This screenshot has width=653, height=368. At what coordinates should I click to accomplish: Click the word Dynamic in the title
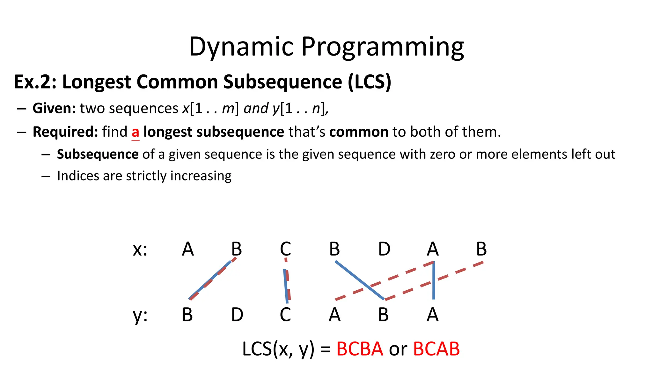[x=241, y=47]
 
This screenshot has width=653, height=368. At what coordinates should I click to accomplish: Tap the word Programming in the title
[x=383, y=47]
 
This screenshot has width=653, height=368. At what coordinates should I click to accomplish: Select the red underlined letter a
[x=136, y=132]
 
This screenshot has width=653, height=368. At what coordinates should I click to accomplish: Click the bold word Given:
[x=54, y=108]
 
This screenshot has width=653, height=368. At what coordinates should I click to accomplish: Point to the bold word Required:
[x=65, y=132]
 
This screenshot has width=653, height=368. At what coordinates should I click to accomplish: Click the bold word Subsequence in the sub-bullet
[x=98, y=154]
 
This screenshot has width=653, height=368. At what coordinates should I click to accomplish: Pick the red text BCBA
[x=360, y=349]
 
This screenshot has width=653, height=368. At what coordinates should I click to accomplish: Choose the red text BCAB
[x=436, y=349]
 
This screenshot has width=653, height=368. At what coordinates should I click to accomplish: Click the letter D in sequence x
[x=384, y=249]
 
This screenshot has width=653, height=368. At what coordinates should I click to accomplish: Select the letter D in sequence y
[x=237, y=315]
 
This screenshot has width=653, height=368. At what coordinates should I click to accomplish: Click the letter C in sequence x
[x=285, y=249]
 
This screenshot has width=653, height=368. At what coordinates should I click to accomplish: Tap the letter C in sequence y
[x=285, y=315]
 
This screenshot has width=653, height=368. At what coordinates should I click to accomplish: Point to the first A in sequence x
[x=188, y=249]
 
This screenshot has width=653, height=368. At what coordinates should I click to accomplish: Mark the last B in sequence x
[x=481, y=249]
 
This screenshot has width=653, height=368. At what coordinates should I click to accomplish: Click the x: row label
[x=140, y=249]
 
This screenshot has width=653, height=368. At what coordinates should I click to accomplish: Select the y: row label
[x=140, y=315]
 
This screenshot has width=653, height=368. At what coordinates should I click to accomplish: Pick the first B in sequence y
[x=187, y=315]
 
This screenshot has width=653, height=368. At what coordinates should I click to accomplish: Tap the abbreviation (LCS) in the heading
[x=369, y=82]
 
